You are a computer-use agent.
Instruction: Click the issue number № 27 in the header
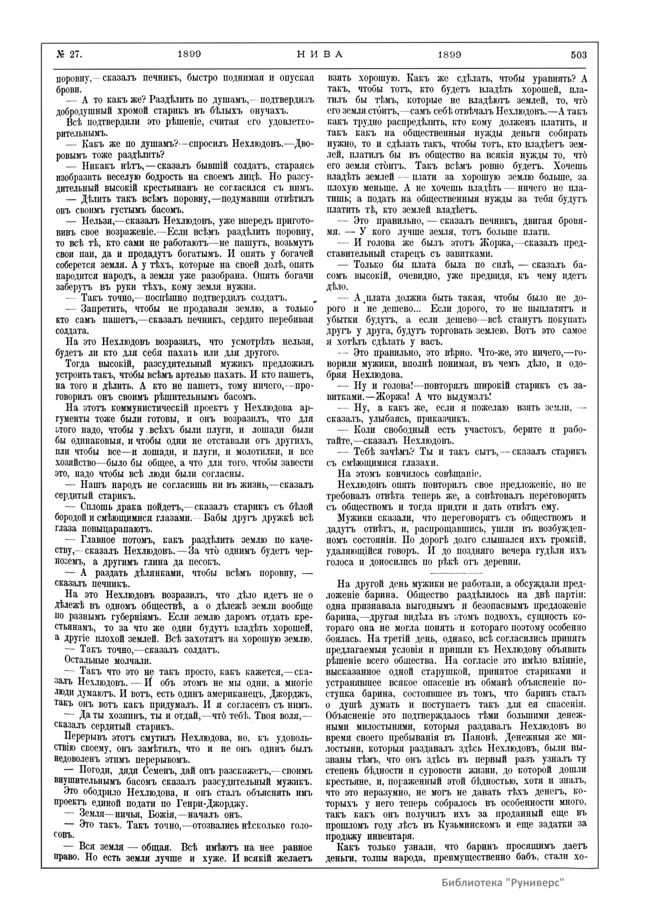tap(68, 55)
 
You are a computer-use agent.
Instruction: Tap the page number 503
tap(576, 55)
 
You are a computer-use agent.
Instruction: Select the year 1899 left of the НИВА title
tap(189, 55)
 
